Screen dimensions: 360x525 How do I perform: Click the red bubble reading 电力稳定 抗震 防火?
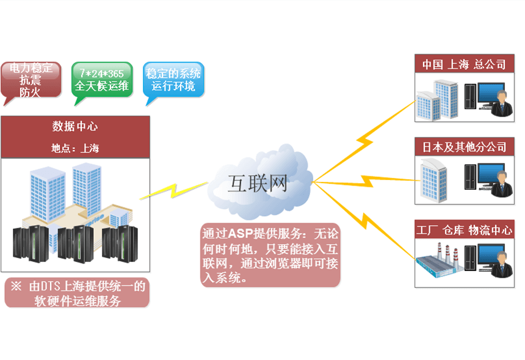click(31, 80)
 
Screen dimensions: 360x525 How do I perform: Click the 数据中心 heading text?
click(75, 127)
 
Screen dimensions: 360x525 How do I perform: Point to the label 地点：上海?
click(75, 148)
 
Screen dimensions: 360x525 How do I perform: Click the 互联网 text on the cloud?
click(256, 183)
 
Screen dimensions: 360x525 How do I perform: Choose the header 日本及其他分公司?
click(464, 147)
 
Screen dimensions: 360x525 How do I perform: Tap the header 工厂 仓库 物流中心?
click(464, 230)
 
